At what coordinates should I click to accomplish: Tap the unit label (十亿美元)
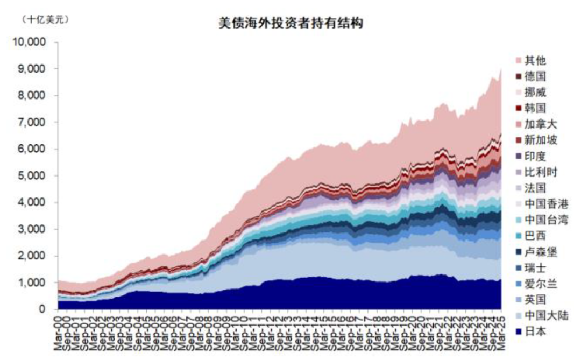coord(45,20)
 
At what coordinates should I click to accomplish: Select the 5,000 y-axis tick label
coord(33,176)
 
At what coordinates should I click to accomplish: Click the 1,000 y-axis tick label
coord(33,283)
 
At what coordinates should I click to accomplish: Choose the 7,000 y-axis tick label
coord(33,122)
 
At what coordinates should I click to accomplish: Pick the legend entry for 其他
coord(533,61)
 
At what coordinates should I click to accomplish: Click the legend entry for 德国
coord(533,77)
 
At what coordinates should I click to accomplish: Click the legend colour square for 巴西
coord(518,236)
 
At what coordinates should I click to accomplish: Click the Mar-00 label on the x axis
coord(60,333)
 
